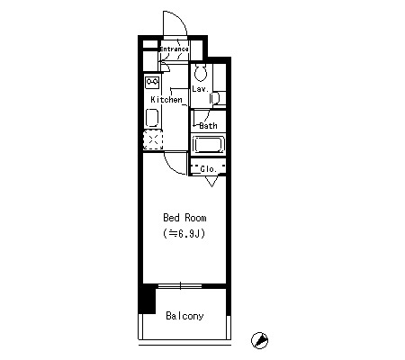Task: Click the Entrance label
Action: (175, 49)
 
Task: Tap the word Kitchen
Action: (166, 100)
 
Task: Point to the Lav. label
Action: (200, 89)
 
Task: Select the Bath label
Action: (208, 126)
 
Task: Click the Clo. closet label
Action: (208, 169)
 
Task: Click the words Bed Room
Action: (184, 218)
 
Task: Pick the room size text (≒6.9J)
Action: (184, 233)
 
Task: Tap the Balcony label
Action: (184, 316)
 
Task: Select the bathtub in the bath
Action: (208, 145)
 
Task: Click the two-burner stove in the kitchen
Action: (152, 83)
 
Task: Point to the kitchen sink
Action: (152, 118)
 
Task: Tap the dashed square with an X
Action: (153, 139)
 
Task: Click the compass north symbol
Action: (259, 340)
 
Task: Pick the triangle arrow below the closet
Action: (211, 182)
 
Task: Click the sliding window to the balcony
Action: (180, 286)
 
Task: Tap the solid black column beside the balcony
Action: (148, 299)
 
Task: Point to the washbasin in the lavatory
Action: (215, 98)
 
